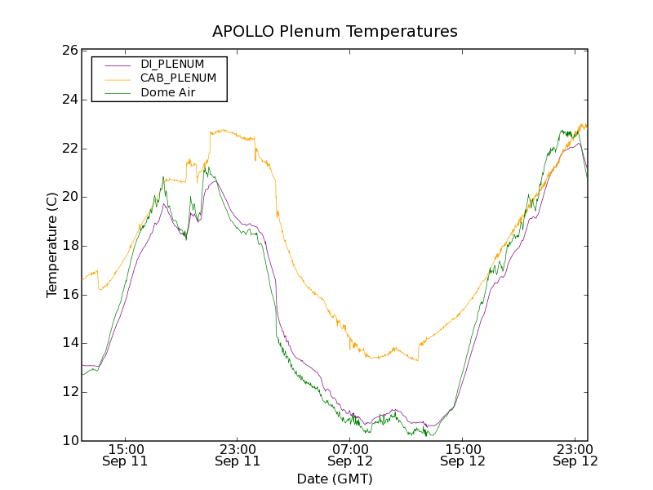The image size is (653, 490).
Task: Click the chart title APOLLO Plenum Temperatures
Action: pyautogui.click(x=335, y=32)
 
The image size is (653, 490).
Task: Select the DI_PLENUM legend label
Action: pyautogui.click(x=172, y=64)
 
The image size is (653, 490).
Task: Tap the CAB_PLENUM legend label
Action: pyautogui.click(x=178, y=78)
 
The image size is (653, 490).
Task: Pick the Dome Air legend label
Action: pyautogui.click(x=168, y=93)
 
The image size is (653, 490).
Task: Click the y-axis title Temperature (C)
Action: pyautogui.click(x=52, y=245)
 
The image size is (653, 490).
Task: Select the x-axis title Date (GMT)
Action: pyautogui.click(x=335, y=479)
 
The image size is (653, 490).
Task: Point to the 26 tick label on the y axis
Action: pyautogui.click(x=69, y=51)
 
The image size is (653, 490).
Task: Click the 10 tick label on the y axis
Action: pyautogui.click(x=69, y=441)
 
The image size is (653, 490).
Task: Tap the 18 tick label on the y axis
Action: pyautogui.click(x=69, y=246)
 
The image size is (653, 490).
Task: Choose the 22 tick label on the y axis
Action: pyautogui.click(x=69, y=149)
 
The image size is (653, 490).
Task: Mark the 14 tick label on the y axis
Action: pyautogui.click(x=69, y=344)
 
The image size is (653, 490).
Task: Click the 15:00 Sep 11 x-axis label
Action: pyautogui.click(x=126, y=455)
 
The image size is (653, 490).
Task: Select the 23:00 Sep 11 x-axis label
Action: pyautogui.click(x=238, y=455)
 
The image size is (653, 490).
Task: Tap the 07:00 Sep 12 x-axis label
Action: pyautogui.click(x=350, y=455)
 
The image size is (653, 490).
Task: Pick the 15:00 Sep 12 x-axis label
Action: pyautogui.click(x=463, y=455)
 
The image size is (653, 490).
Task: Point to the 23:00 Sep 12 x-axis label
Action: pyautogui.click(x=575, y=455)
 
